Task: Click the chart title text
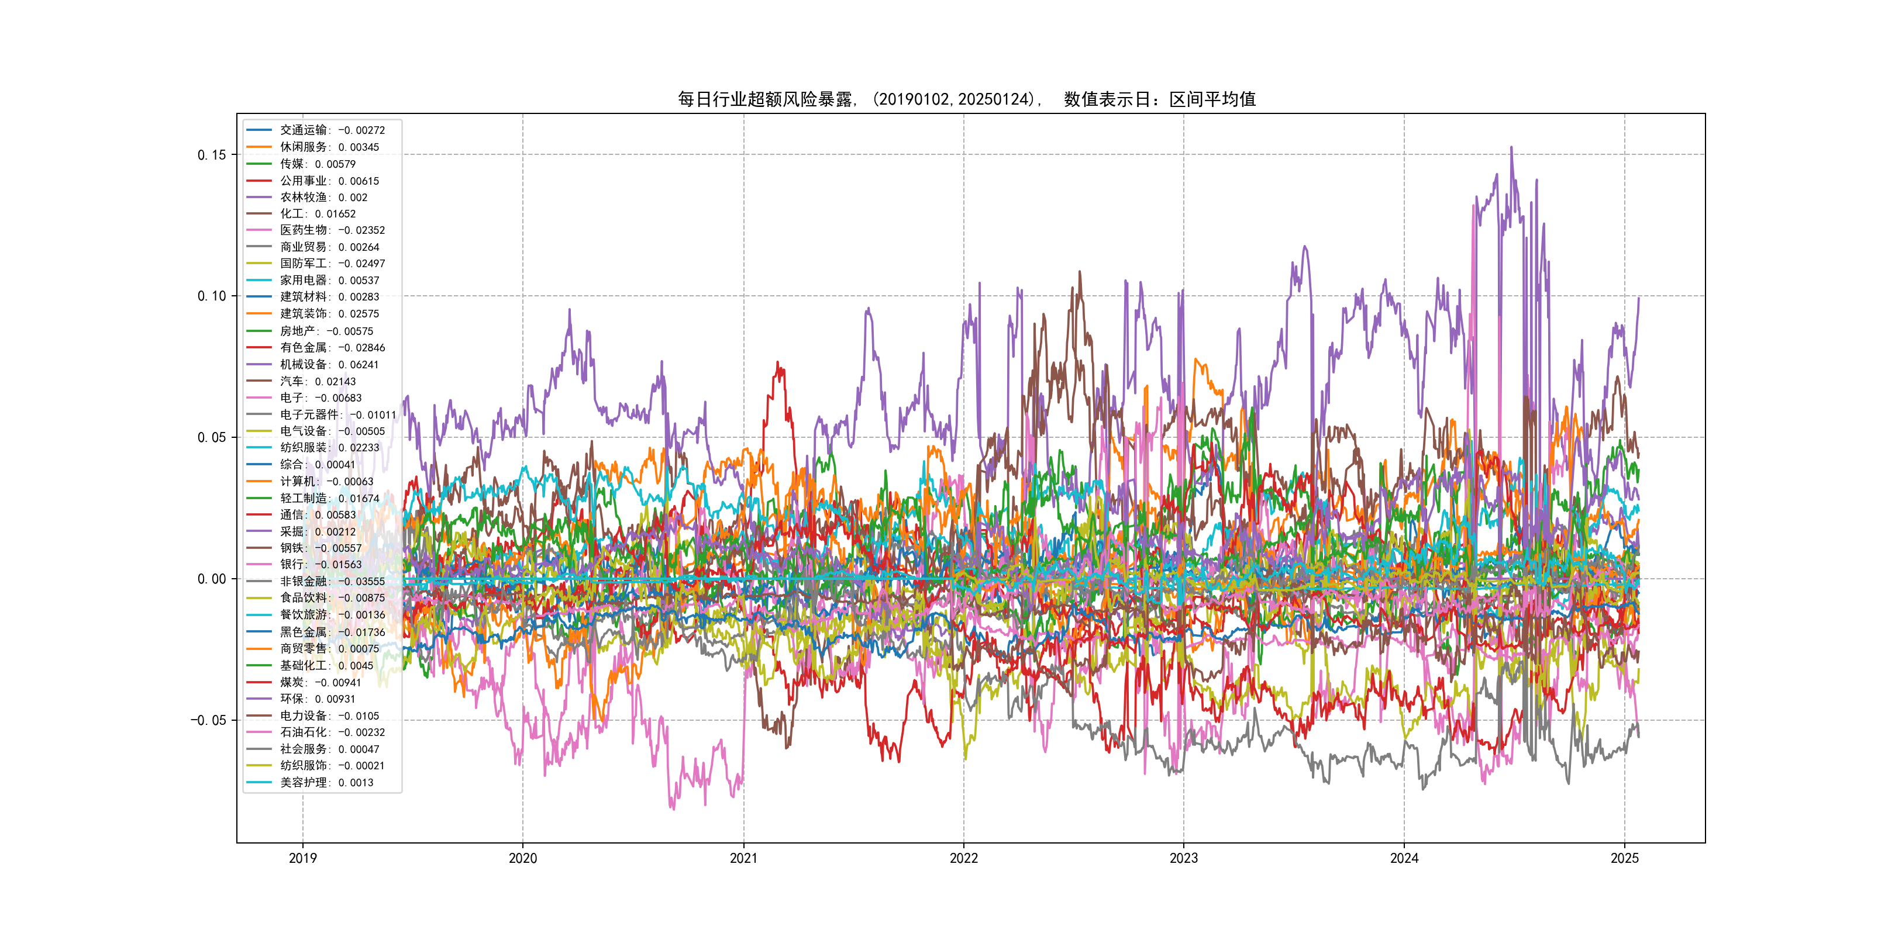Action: tap(967, 99)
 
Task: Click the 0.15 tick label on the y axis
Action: tap(211, 155)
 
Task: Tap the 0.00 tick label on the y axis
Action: tap(211, 579)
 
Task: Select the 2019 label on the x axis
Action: tap(302, 858)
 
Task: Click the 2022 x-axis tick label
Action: tap(964, 858)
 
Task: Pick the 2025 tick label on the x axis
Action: tap(1624, 858)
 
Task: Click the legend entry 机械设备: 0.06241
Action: tap(329, 365)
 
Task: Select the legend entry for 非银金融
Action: tap(332, 582)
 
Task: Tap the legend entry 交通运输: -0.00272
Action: tap(332, 130)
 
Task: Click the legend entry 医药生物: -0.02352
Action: tap(332, 230)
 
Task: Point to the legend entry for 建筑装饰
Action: tap(329, 314)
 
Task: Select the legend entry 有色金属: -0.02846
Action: tap(332, 348)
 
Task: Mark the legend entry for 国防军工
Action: tap(332, 263)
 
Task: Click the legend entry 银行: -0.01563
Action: tap(321, 565)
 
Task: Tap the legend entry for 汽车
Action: tap(318, 382)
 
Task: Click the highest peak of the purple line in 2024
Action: tap(1512, 148)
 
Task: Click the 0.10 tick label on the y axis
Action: tap(211, 296)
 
